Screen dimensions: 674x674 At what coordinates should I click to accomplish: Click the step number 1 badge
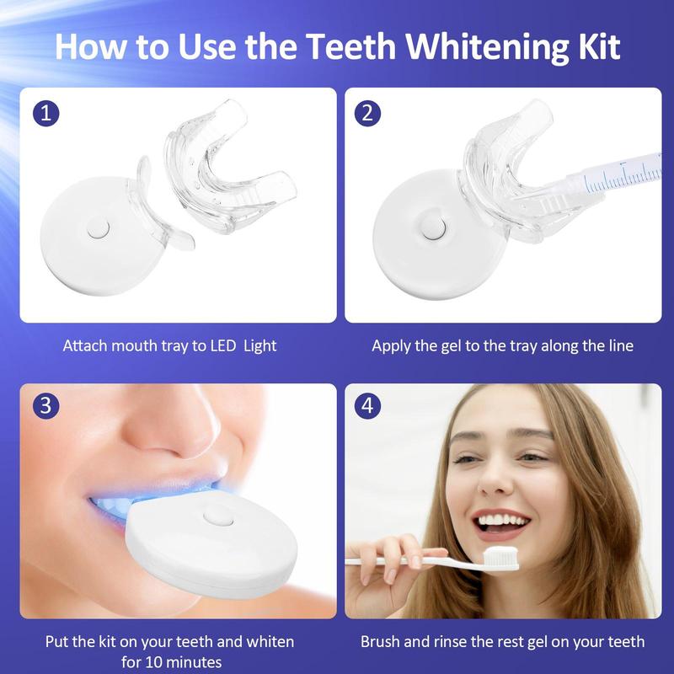pyautogui.click(x=45, y=114)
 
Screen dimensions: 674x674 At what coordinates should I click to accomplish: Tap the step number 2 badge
pyautogui.click(x=367, y=114)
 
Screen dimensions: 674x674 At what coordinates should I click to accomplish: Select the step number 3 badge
pyautogui.click(x=45, y=406)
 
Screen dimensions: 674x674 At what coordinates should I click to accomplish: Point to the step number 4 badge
pyautogui.click(x=367, y=406)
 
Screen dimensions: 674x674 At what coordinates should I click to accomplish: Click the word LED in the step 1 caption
pyautogui.click(x=223, y=345)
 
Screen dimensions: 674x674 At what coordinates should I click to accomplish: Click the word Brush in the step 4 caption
pyautogui.click(x=380, y=641)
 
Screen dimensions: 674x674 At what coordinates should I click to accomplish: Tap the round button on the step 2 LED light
pyautogui.click(x=432, y=227)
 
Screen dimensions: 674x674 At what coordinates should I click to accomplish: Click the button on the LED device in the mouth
pyautogui.click(x=217, y=516)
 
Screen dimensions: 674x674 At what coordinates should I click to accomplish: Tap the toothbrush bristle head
pyautogui.click(x=501, y=558)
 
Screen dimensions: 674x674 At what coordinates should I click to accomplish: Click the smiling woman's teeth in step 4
pyautogui.click(x=503, y=521)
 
